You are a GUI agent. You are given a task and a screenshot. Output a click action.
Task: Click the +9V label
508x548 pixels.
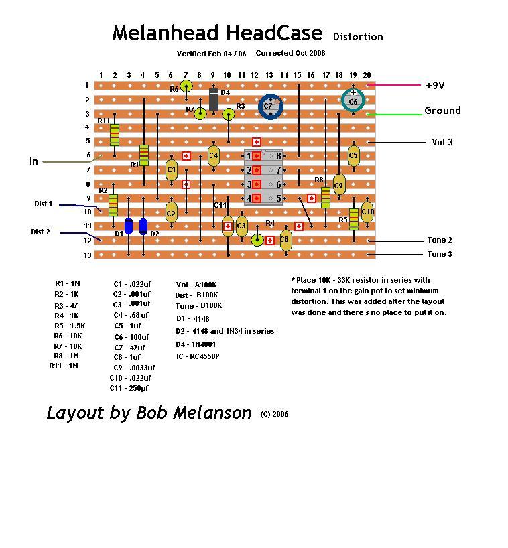click(x=435, y=86)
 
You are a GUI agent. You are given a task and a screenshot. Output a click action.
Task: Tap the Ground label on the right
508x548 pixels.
click(x=442, y=111)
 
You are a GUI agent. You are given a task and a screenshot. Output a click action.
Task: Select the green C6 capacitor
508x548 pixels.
click(x=353, y=101)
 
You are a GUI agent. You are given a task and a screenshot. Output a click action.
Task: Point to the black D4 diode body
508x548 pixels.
click(x=214, y=100)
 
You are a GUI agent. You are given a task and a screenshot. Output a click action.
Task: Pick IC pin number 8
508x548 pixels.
click(x=278, y=156)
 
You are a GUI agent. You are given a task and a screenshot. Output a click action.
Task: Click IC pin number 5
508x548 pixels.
click(x=278, y=198)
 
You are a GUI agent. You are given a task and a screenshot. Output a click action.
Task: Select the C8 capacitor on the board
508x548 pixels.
click(x=285, y=239)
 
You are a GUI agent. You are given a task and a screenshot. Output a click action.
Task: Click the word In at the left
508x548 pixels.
click(x=34, y=161)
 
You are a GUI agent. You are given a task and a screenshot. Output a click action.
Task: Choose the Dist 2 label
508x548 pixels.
click(x=40, y=232)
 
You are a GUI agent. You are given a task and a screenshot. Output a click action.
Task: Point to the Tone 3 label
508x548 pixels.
click(x=439, y=254)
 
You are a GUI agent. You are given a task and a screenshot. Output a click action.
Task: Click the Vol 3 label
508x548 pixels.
click(x=442, y=142)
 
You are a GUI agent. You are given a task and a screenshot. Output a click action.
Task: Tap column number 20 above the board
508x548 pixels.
click(x=367, y=76)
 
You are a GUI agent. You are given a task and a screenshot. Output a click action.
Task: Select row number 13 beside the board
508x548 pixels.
click(x=86, y=255)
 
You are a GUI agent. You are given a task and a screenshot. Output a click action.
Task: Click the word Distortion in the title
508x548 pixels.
click(x=358, y=37)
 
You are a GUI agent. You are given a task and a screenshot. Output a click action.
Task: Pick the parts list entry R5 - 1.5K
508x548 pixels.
click(x=70, y=326)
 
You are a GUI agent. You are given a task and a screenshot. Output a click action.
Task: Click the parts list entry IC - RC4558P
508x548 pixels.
click(x=198, y=356)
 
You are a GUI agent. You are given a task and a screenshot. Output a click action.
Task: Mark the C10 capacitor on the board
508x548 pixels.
click(x=367, y=212)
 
